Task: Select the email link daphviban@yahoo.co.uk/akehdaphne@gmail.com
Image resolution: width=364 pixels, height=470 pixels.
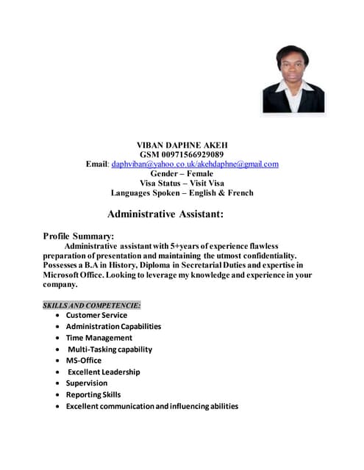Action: pyautogui.click(x=195, y=164)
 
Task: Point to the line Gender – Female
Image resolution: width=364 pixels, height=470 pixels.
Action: pyautogui.click(x=182, y=173)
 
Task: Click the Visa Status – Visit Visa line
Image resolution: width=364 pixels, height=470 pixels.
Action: pyautogui.click(x=182, y=183)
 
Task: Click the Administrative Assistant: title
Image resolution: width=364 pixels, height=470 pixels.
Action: pyautogui.click(x=165, y=214)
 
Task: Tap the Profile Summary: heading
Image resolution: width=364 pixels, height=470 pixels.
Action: pyautogui.click(x=79, y=236)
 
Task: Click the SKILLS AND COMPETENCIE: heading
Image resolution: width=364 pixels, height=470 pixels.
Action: pyautogui.click(x=92, y=304)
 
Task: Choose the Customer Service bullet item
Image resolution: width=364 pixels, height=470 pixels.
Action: pyautogui.click(x=96, y=315)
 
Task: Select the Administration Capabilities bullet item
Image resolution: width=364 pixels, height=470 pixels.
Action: pyautogui.click(x=113, y=326)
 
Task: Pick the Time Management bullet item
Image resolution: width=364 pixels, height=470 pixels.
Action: pyautogui.click(x=99, y=338)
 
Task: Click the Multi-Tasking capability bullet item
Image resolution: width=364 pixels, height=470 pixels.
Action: pyautogui.click(x=110, y=349)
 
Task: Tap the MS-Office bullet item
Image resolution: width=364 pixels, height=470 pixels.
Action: pyautogui.click(x=83, y=361)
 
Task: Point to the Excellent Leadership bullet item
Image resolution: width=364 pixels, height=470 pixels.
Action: pyautogui.click(x=104, y=372)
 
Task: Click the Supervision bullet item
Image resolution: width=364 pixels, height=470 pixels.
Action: pyautogui.click(x=86, y=383)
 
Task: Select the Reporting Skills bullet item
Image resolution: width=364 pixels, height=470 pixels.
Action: pyautogui.click(x=93, y=394)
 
